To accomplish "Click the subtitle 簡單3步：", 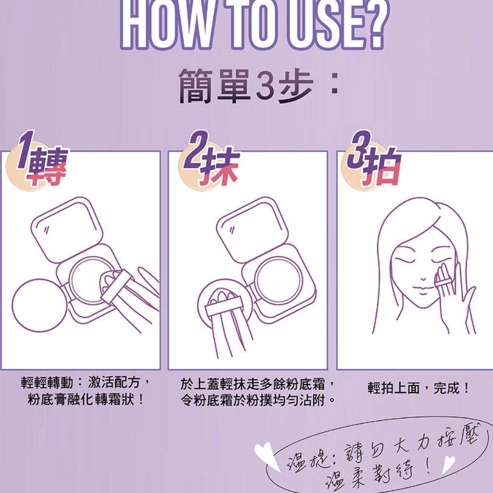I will point(259,85).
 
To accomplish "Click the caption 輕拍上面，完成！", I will point(419,388).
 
